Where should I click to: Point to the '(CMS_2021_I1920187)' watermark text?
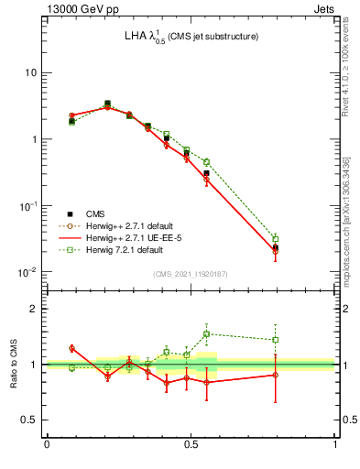click(x=191, y=274)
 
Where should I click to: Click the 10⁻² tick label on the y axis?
click(x=27, y=272)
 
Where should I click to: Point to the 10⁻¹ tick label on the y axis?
click(x=27, y=205)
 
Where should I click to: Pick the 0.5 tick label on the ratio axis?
click(x=29, y=420)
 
